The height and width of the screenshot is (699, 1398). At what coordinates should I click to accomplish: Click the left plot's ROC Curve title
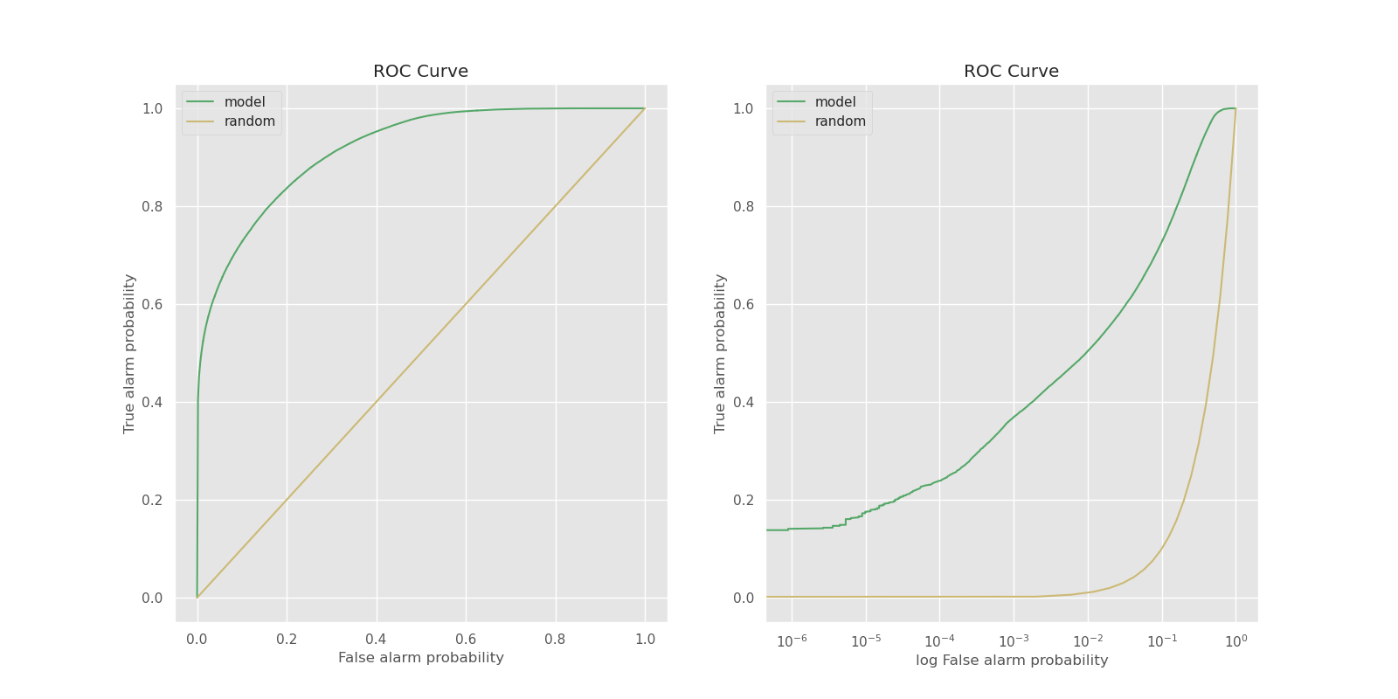420,72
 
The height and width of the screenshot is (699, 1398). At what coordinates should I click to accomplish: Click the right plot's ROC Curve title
1011,72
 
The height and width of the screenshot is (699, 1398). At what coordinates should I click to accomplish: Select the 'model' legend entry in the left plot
244,102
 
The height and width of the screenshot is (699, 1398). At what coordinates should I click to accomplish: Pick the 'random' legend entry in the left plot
249,121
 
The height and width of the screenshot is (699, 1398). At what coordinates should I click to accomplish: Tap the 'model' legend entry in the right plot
834,102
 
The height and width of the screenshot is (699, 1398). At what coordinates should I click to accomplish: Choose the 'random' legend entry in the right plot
840,121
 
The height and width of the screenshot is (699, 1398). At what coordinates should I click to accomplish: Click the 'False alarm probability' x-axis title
420,658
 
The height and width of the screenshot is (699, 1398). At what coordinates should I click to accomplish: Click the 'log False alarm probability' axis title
1011,661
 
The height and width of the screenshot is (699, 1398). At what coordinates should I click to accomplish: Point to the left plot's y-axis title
129,354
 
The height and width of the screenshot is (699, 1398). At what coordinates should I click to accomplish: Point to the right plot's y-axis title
720,354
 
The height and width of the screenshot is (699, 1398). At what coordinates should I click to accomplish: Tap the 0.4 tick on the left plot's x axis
376,640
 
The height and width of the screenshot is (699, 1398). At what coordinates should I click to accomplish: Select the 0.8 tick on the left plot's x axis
555,640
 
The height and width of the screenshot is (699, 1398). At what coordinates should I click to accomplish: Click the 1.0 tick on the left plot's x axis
645,640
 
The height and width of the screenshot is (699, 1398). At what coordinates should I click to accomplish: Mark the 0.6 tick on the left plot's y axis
152,305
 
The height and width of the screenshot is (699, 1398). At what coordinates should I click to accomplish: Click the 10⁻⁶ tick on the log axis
792,641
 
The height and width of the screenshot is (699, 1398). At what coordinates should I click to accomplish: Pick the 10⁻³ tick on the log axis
1014,641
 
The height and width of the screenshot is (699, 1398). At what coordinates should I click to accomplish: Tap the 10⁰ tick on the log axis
1235,641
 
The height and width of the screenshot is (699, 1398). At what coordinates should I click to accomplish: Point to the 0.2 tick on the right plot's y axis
743,501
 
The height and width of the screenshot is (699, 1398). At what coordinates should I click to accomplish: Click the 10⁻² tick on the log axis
1088,641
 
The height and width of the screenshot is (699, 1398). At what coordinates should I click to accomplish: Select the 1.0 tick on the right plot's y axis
743,109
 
